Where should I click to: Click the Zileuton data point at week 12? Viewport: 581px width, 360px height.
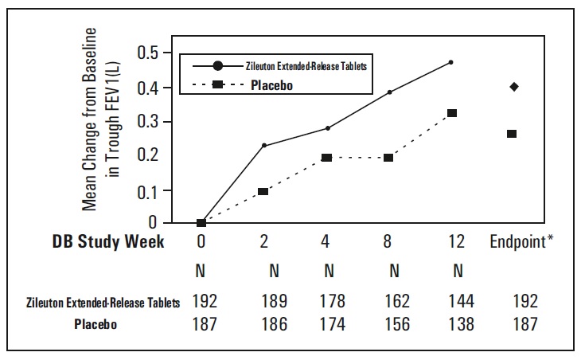451,62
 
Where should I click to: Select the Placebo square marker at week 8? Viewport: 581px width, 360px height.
389,158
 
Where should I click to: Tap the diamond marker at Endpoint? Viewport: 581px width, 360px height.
513,86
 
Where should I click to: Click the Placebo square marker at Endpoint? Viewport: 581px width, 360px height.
512,134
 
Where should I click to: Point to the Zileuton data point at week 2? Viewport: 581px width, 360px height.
263,146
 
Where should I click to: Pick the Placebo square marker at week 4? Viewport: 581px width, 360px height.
326,158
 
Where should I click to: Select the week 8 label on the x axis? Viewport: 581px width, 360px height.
393,242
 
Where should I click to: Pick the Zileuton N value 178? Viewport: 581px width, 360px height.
329,302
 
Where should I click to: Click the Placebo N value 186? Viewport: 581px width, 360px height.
274,324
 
